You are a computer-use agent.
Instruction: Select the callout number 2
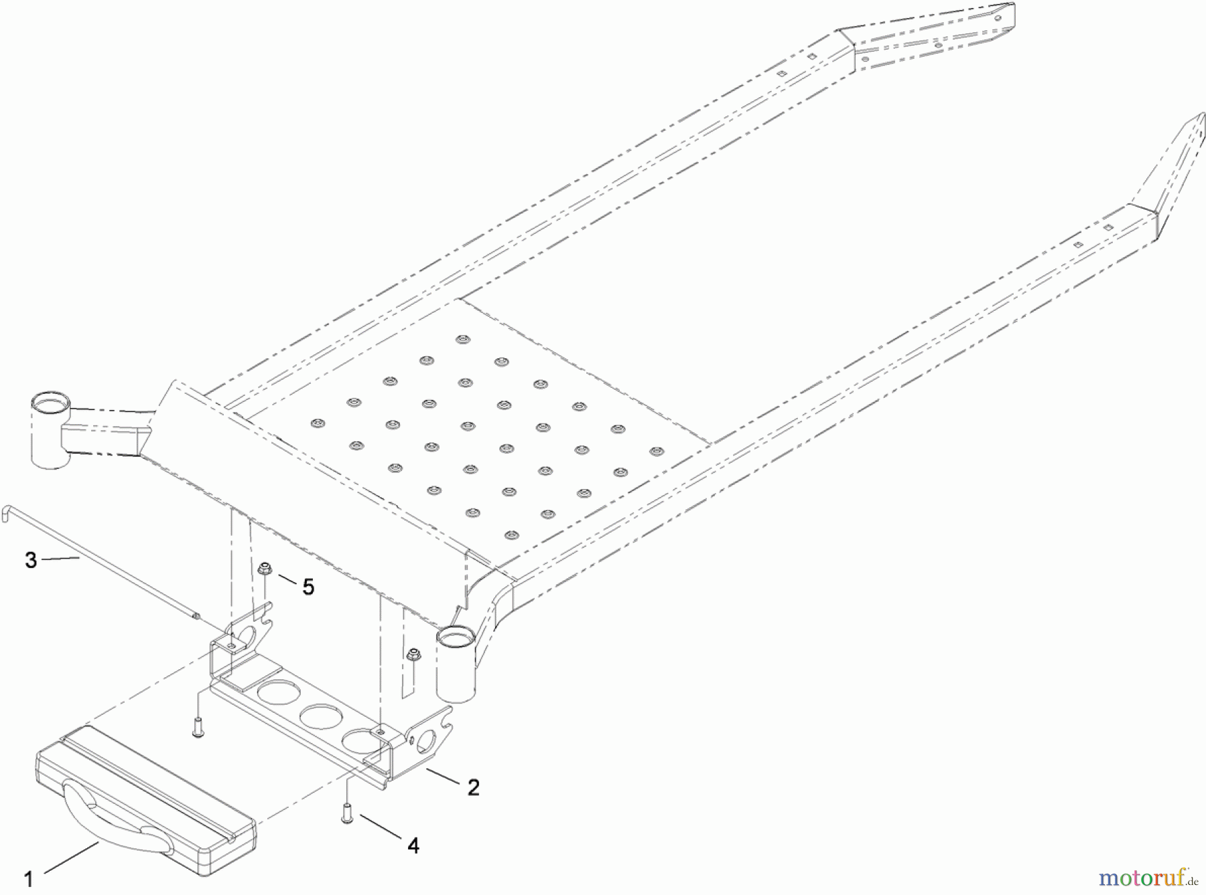pos(474,788)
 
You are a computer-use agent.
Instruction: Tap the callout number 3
pos(31,560)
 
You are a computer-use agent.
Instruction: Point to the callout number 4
pos(413,846)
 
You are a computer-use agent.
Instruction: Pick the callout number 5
pos(308,587)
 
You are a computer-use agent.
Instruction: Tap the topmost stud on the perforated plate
pos(462,340)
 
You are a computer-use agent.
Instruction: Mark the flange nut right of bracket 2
pos(413,654)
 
